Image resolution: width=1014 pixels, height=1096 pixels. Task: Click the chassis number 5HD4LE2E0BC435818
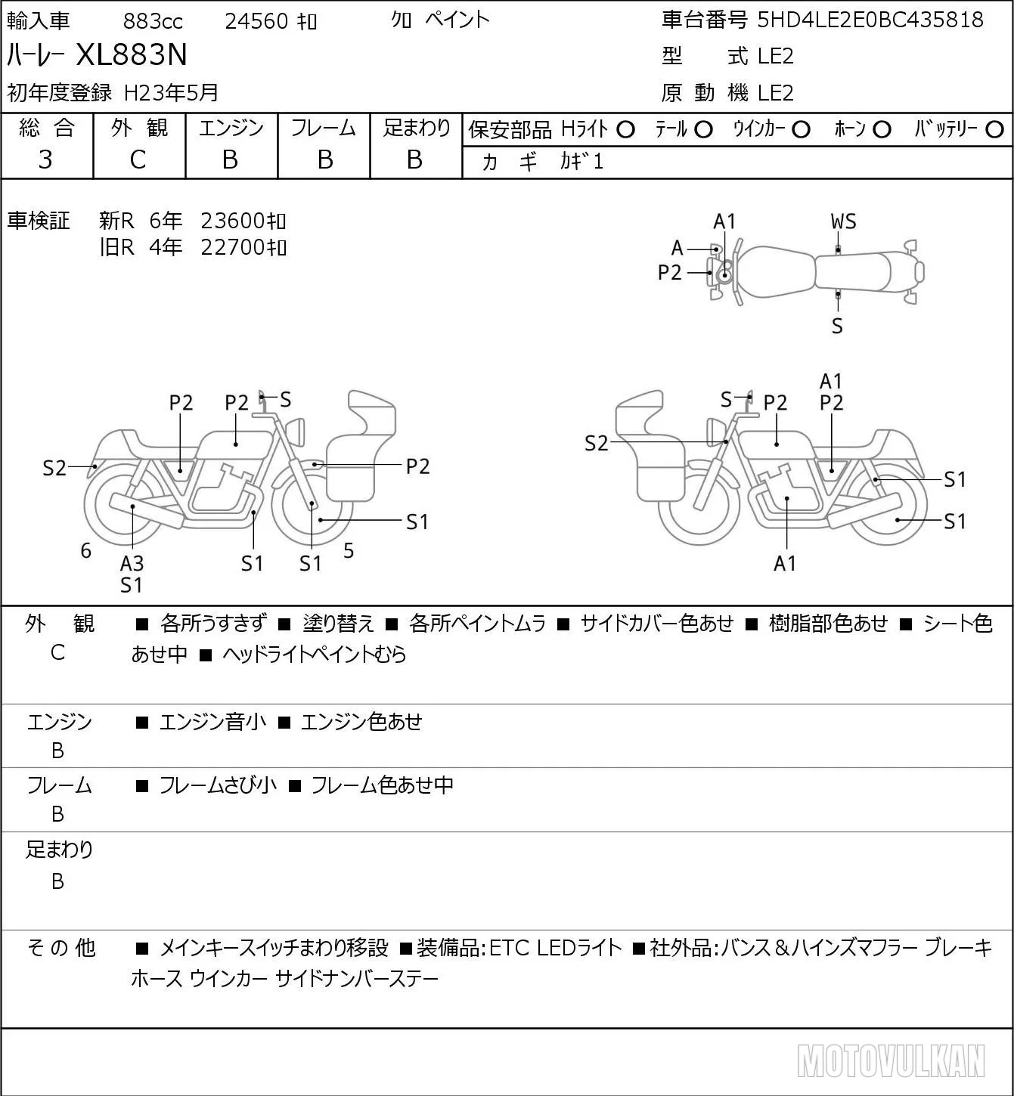tap(870, 20)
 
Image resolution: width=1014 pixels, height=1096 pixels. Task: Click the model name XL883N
tap(132, 54)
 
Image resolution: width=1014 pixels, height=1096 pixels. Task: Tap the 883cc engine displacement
tap(153, 21)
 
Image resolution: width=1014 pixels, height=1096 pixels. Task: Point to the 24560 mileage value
tap(256, 21)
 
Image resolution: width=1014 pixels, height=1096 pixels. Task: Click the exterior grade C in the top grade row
tap(138, 160)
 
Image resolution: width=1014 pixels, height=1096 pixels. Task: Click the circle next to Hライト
tap(625, 130)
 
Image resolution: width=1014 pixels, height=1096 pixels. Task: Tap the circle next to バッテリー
tap(994, 130)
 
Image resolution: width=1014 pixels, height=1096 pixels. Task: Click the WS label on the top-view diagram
tap(843, 222)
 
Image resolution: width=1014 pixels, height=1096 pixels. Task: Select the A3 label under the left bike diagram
tap(132, 563)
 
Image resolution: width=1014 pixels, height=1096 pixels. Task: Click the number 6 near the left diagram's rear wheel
tap(85, 550)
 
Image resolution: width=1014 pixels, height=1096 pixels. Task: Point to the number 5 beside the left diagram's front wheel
tap(349, 550)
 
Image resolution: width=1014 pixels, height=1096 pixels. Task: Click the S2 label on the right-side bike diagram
tap(596, 443)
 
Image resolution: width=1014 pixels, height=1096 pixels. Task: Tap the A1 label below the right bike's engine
tap(785, 563)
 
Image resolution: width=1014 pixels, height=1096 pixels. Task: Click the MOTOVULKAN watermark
tap(891, 1060)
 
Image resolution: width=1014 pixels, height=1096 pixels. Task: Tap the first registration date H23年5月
tap(171, 93)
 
